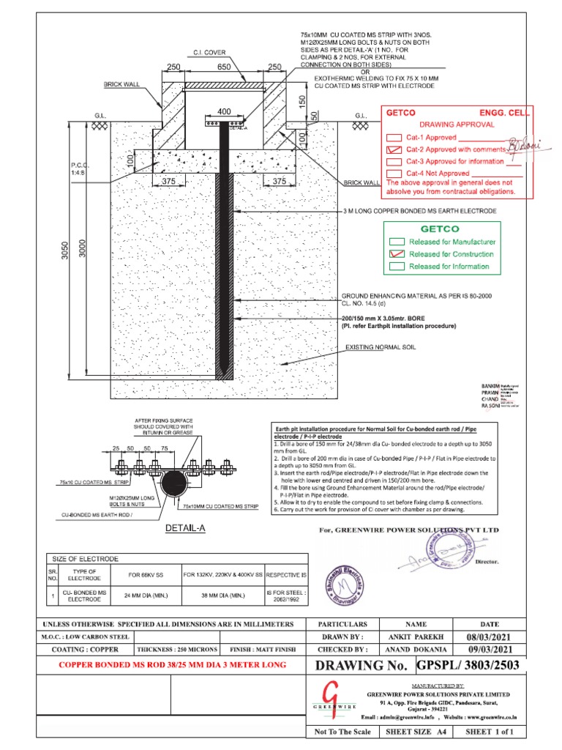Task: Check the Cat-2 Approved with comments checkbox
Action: click(x=394, y=149)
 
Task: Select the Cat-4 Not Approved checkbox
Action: click(x=394, y=174)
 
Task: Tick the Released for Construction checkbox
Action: click(x=397, y=254)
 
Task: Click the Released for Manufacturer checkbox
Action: click(x=397, y=242)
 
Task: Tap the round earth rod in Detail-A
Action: click(x=174, y=483)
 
